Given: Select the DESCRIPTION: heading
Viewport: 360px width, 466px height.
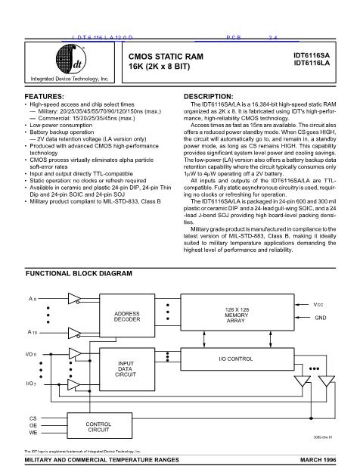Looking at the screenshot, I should [209, 97].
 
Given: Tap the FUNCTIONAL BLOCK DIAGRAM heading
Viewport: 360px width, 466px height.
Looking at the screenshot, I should [79, 272].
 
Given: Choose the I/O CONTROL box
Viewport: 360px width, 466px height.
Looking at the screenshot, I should [234, 357].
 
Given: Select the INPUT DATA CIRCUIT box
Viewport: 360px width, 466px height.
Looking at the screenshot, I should [126, 368].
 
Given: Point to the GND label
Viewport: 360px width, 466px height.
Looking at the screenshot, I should [320, 318].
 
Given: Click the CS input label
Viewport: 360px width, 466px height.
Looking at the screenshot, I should [33, 418].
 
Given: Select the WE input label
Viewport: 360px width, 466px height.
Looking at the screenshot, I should [33, 433].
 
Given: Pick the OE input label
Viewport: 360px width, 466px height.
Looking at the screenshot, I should [33, 425].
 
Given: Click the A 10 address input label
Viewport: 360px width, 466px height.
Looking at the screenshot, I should [33, 332].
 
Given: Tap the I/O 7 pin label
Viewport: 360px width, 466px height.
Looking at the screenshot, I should [33, 384].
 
